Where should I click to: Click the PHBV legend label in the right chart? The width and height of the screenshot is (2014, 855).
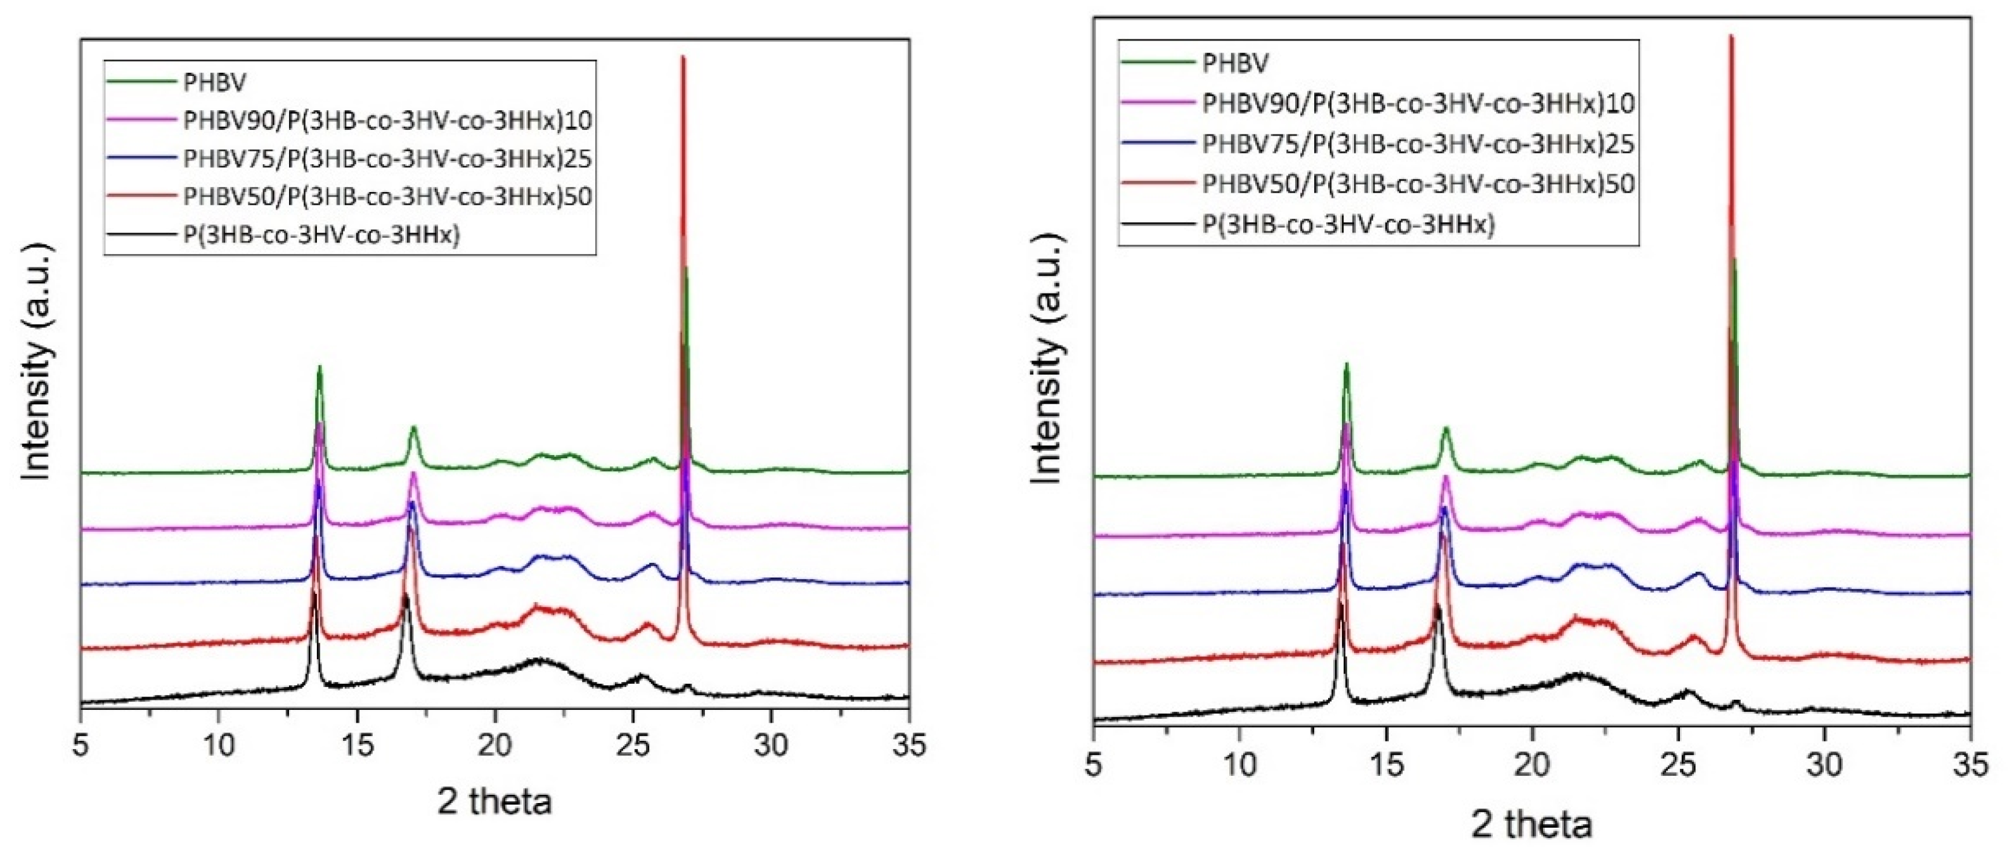1236,63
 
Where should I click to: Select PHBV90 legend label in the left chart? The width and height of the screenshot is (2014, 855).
387,120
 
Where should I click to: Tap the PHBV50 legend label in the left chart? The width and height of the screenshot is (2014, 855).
387,196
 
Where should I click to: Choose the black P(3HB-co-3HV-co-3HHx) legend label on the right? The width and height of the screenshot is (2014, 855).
1348,225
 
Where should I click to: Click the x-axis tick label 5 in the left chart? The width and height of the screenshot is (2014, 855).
81,745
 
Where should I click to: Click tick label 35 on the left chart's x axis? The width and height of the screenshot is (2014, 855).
908,745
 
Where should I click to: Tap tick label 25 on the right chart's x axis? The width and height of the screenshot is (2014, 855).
1678,765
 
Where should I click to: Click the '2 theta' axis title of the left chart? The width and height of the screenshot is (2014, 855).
494,802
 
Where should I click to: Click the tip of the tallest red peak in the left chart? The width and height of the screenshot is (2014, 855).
683,58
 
